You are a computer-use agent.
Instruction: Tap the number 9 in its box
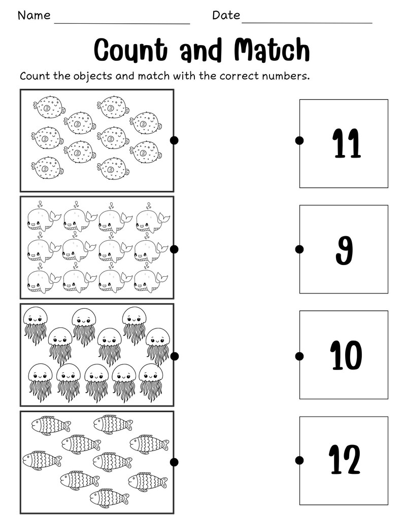[x=345, y=248]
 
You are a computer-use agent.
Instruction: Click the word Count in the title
[x=130, y=51]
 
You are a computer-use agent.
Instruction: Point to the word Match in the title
[x=272, y=51]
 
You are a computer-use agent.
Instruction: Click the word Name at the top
[x=34, y=15]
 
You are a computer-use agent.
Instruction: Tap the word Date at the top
[x=226, y=15]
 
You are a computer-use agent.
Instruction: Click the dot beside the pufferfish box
[x=174, y=140]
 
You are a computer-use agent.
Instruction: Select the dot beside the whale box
[x=174, y=249]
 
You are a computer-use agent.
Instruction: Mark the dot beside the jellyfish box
[x=174, y=356]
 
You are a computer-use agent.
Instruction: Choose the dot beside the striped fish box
[x=174, y=462]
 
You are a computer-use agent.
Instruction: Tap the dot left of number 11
[x=299, y=140]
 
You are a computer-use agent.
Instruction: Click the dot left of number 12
[x=299, y=460]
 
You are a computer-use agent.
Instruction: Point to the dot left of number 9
[x=299, y=249]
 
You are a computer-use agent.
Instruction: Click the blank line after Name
[x=122, y=23]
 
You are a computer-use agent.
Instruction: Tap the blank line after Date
[x=307, y=23]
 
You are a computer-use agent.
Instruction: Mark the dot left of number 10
[x=299, y=356]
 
